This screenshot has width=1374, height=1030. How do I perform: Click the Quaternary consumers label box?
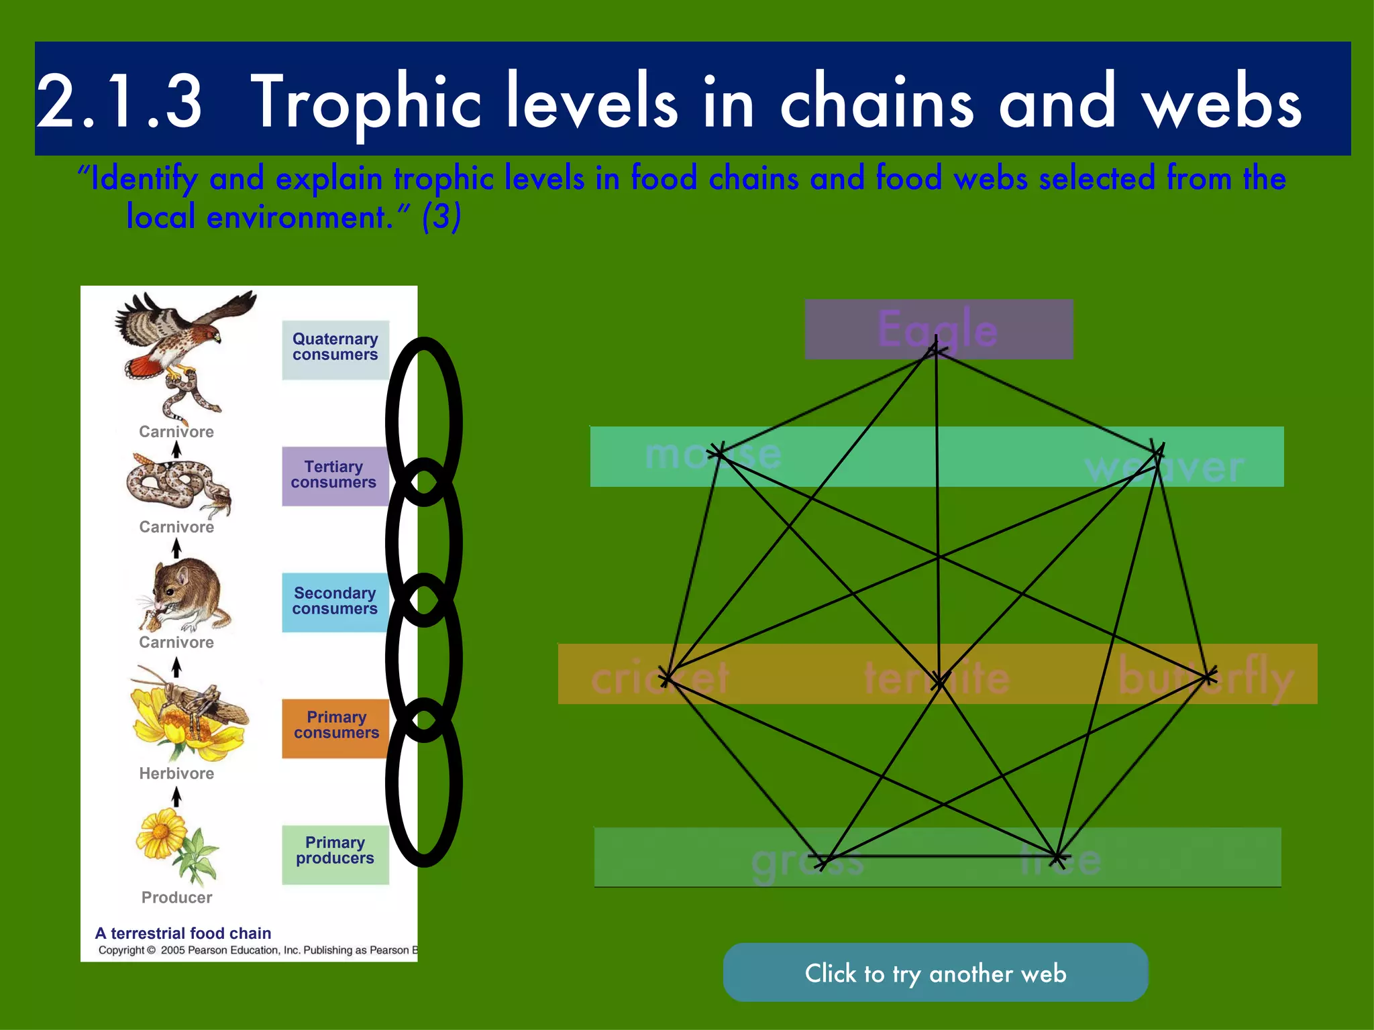pos(335,349)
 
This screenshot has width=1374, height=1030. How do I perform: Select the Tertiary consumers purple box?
pos(334,475)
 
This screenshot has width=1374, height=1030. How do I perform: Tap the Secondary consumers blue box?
pos(335,602)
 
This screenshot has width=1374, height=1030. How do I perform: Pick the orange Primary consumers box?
pos(335,727)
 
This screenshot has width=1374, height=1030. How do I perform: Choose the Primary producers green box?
pos(335,853)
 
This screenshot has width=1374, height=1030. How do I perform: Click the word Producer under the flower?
pos(176,898)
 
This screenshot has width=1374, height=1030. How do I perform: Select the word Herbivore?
pos(176,774)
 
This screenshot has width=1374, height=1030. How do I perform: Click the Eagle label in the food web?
pos(938,329)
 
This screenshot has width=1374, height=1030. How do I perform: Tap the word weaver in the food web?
pos(1164,467)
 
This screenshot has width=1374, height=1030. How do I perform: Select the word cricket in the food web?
pos(659,677)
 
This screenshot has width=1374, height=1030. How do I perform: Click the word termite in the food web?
pos(937,677)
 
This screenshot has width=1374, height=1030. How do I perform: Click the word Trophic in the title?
pos(366,102)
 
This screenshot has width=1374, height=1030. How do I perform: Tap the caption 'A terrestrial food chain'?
pos(183,933)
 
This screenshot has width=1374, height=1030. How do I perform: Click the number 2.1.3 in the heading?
pos(119,102)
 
